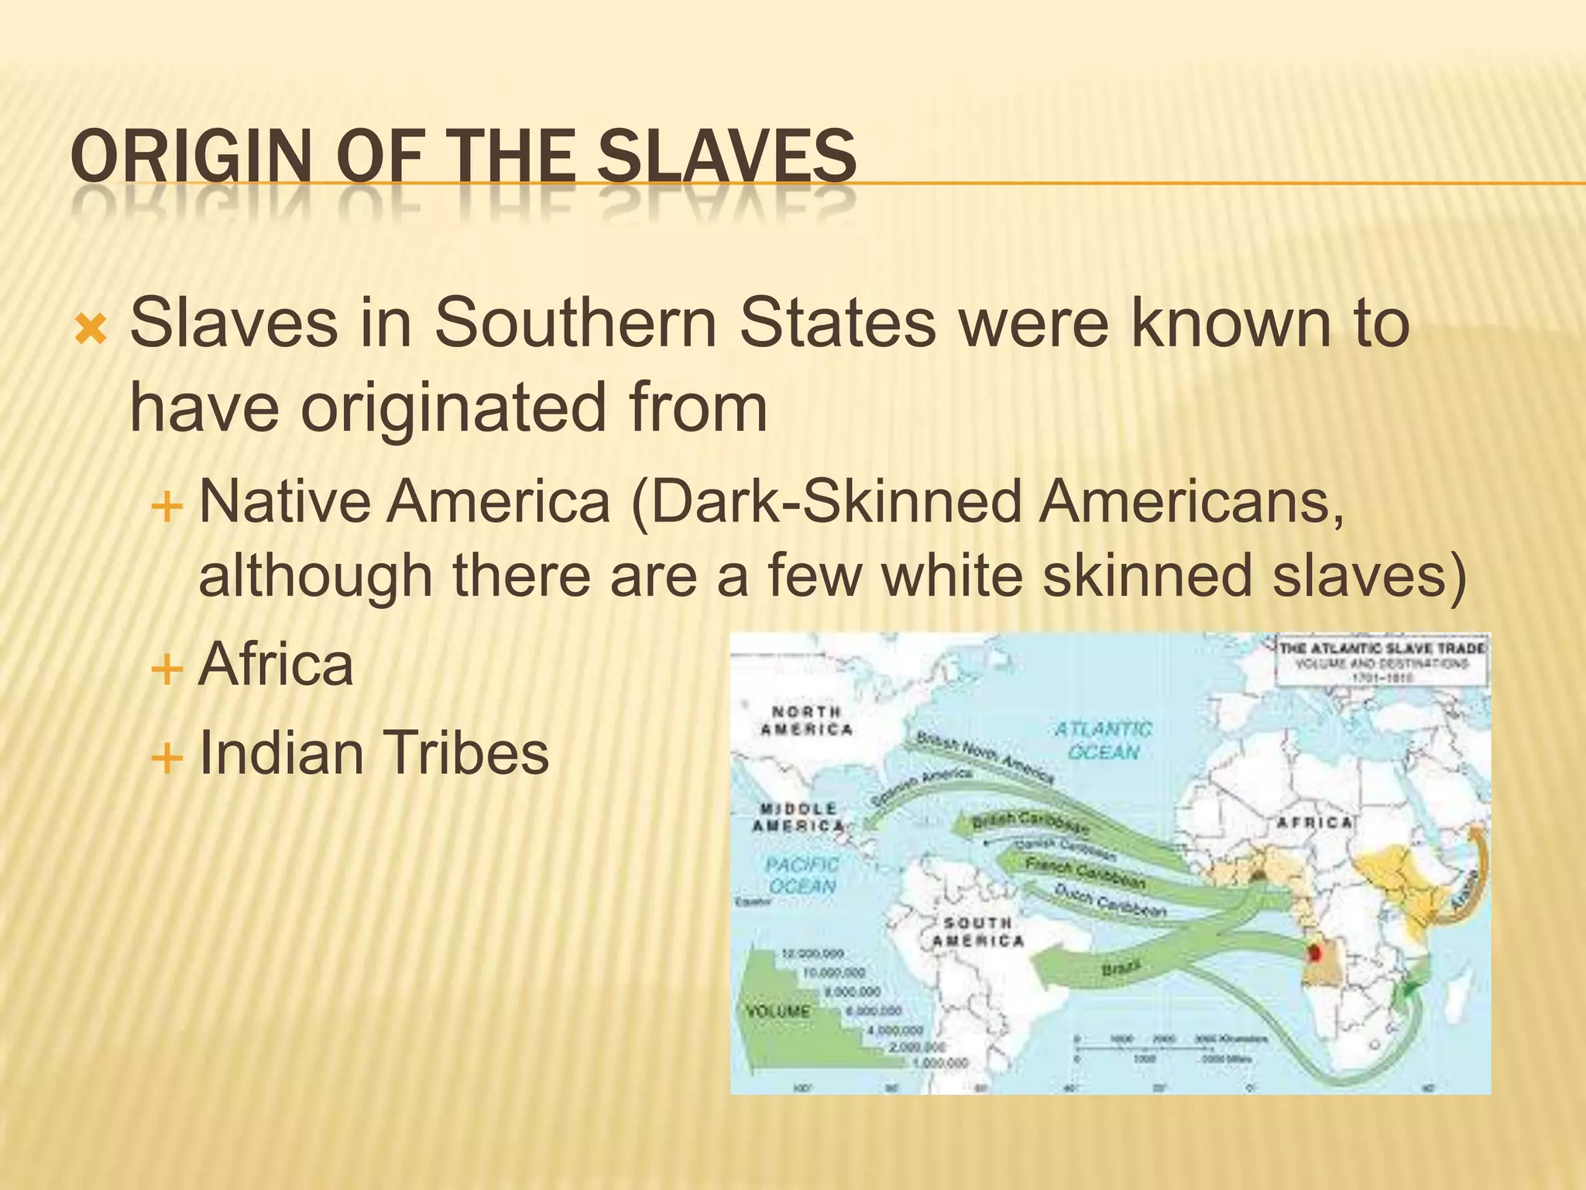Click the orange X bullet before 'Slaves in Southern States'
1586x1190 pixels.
coord(91,330)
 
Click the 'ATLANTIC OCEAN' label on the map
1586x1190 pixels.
coord(1104,740)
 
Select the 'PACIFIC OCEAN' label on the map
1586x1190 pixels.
coord(802,875)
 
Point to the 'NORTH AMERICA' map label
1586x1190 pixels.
coord(806,721)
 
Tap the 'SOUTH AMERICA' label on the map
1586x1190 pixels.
coord(977,932)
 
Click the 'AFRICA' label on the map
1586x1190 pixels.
coord(1314,823)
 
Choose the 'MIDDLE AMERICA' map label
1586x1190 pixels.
coord(798,817)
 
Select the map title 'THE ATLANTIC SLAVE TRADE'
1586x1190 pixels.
coord(1382,648)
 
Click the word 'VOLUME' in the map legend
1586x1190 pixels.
coord(778,1012)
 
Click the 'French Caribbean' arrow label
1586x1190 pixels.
coord(1084,873)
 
